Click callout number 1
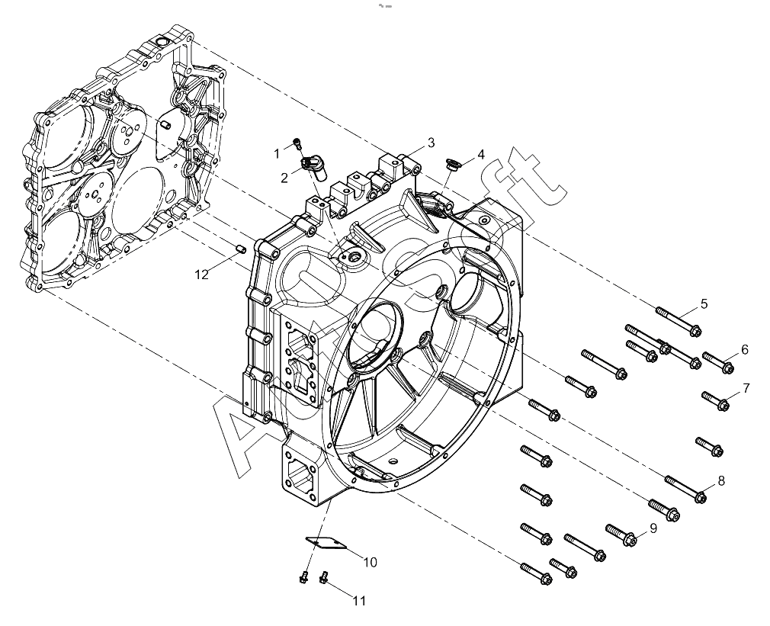277,154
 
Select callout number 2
284,178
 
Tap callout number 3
431,143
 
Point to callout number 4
481,155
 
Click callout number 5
704,304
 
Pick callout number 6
745,349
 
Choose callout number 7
746,388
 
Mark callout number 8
721,480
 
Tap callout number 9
653,528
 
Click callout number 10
370,562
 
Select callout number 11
359,601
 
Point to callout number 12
202,275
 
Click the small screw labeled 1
297,143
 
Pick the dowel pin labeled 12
241,249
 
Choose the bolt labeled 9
621,535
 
